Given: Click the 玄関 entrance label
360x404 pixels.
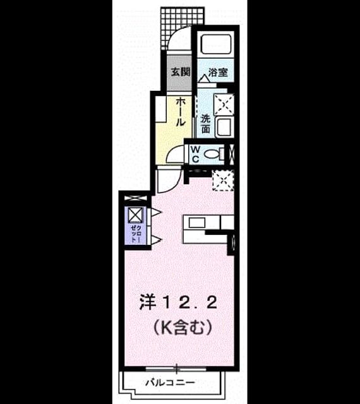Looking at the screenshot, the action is click(181, 72).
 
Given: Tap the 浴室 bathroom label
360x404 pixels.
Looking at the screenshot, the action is click(218, 72).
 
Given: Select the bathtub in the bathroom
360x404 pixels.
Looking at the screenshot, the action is click(216, 44).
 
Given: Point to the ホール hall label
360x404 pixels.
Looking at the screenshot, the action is click(181, 112).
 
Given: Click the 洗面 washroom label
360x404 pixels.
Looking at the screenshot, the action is click(205, 124).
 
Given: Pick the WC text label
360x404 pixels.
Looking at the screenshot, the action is click(196, 154).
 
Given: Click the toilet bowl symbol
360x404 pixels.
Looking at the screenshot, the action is click(213, 154).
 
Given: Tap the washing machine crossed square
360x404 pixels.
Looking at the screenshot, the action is click(224, 104).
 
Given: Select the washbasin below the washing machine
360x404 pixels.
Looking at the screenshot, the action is click(224, 127).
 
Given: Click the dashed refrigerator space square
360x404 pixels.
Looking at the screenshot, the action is click(223, 180).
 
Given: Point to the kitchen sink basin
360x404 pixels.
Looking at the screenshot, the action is click(197, 223).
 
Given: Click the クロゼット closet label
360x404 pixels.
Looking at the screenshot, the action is click(136, 234).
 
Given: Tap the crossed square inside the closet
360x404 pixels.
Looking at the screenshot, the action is click(135, 215).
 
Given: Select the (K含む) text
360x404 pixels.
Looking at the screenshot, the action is click(183, 327).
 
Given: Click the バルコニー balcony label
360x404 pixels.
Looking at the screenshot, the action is click(170, 383).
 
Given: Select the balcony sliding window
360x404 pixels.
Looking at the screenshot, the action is click(176, 369).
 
